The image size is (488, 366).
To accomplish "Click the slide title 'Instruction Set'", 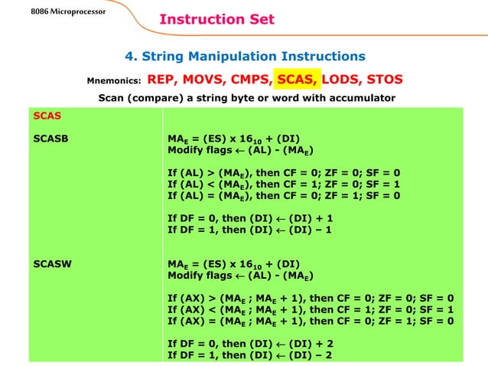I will [216, 19].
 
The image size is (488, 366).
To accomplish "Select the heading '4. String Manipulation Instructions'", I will [245, 56].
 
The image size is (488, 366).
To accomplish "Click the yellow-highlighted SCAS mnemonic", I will [298, 79].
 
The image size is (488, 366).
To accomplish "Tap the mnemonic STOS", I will [385, 79].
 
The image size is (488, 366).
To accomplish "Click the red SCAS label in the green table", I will [47, 116].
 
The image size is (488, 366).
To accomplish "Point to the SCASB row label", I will [50, 139].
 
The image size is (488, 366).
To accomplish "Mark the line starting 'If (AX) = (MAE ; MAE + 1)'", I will [311, 322].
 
